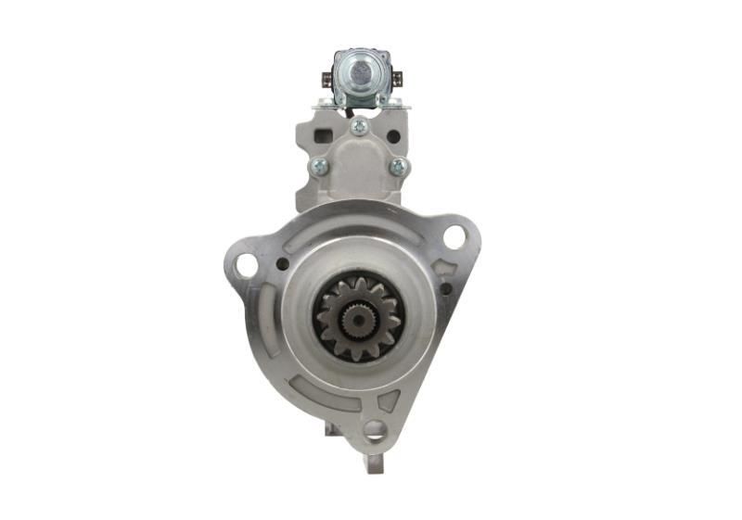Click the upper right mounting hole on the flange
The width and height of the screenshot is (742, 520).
(454, 236)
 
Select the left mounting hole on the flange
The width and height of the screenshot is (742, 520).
(246, 266)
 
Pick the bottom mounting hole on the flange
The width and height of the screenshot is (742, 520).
(375, 428)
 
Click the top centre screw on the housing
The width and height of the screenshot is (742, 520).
(359, 126)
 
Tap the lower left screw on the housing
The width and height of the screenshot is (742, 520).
(319, 167)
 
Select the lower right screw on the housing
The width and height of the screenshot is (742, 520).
(399, 167)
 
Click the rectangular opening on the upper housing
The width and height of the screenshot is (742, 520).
(324, 136)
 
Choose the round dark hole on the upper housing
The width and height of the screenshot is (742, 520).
(393, 136)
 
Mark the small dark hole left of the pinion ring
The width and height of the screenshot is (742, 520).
(281, 264)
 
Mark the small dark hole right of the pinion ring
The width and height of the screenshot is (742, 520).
(447, 288)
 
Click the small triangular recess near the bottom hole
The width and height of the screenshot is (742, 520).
(390, 401)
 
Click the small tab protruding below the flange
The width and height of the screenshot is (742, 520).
(375, 460)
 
